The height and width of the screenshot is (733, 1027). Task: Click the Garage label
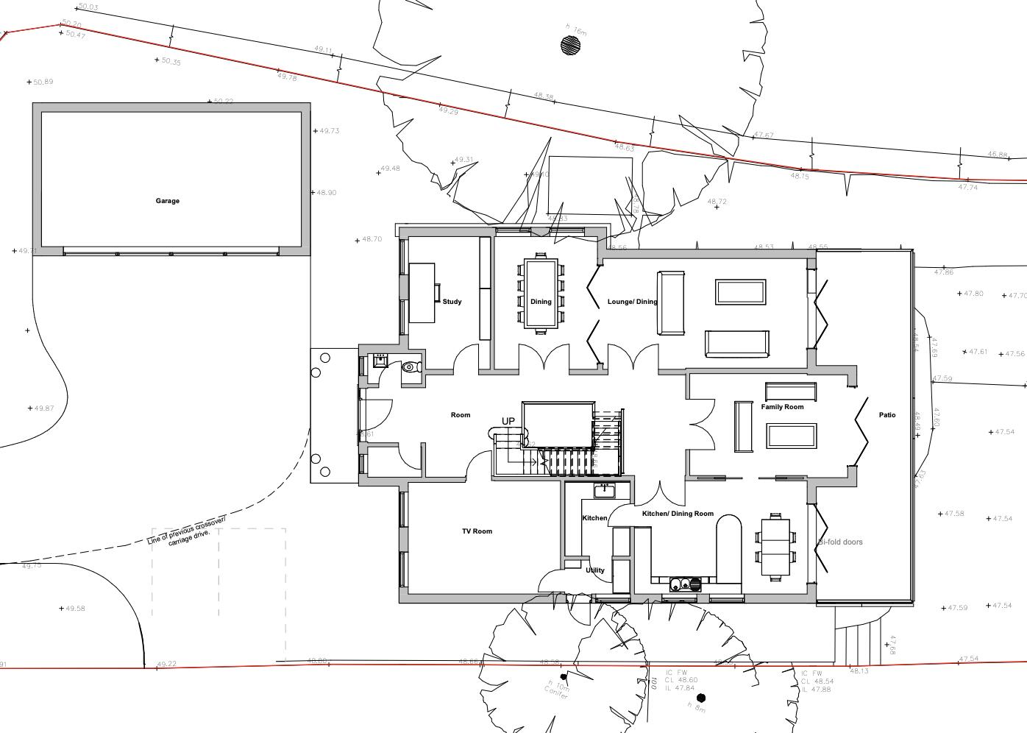[167, 201]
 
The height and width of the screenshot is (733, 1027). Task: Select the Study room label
[452, 302]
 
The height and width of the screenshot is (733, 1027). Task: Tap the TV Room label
[477, 531]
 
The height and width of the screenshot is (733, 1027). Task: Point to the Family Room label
[782, 407]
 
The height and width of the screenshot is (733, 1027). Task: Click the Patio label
[887, 415]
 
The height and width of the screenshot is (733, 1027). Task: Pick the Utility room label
[595, 570]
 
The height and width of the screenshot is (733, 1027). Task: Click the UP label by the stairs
[508, 421]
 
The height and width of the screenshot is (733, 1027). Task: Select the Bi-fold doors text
[840, 542]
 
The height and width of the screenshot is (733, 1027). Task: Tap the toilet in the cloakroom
[411, 366]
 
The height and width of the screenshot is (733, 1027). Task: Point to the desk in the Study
[422, 293]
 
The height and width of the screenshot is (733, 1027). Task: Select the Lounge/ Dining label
[632, 302]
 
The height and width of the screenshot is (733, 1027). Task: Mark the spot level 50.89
[43, 82]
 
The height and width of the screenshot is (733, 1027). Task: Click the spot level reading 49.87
[43, 408]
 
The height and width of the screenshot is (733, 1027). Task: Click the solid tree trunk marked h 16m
[570, 46]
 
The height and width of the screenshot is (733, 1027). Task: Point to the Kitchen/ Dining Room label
[678, 514]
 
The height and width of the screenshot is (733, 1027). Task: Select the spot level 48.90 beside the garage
[326, 193]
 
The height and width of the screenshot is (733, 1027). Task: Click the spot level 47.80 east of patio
[973, 294]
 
